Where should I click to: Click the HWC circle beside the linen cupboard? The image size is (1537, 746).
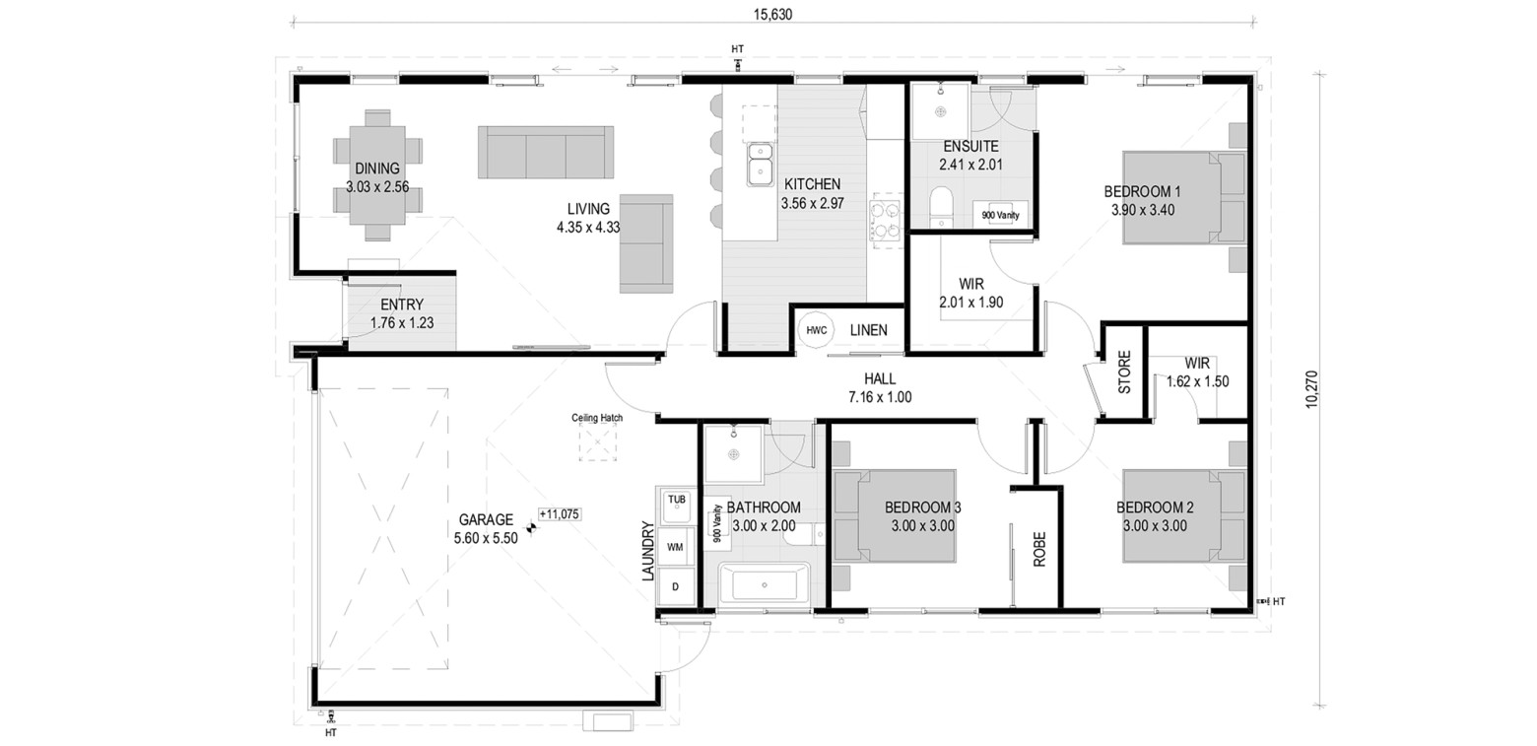(x=816, y=330)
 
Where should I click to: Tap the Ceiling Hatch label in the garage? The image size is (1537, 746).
(x=597, y=417)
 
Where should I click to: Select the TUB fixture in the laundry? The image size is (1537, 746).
(x=677, y=506)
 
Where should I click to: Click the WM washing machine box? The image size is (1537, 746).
(x=675, y=547)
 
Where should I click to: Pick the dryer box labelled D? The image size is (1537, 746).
(x=675, y=586)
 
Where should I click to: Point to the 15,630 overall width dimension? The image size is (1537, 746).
(x=772, y=15)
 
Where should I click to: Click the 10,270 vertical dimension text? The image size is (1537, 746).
(x=1311, y=390)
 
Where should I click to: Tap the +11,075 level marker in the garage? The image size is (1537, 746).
(x=560, y=514)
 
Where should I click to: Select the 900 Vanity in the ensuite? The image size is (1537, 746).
(x=1000, y=215)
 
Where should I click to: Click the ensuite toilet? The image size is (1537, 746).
(x=942, y=206)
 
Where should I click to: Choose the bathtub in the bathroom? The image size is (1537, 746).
(x=764, y=584)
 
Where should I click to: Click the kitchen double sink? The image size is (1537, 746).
(x=761, y=164)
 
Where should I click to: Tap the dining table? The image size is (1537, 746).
(x=377, y=175)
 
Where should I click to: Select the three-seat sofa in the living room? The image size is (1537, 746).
(x=546, y=153)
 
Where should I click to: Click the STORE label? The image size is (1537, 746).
(x=1124, y=372)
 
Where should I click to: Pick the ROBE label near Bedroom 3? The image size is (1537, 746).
(x=1039, y=549)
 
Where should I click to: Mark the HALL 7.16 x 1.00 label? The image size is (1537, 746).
(x=881, y=387)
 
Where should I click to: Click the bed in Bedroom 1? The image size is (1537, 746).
(x=1183, y=198)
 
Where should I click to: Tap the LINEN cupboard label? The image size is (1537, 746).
(x=869, y=330)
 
